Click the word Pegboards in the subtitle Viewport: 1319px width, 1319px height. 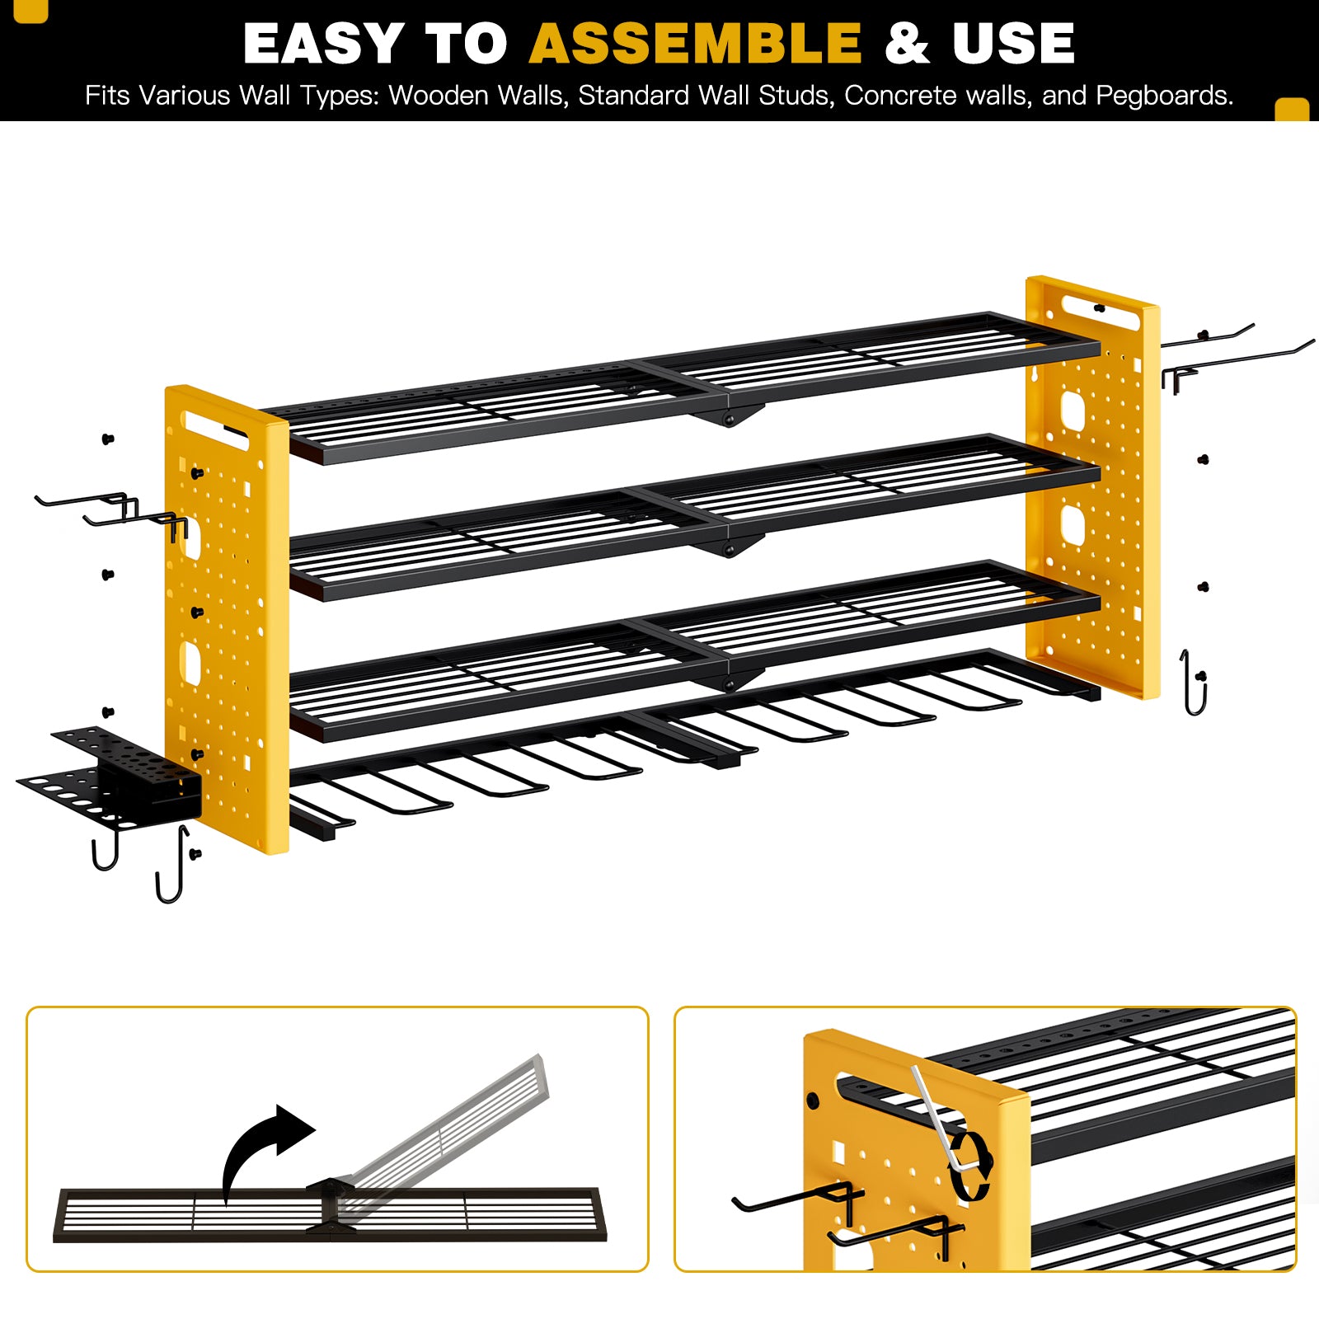pyautogui.click(x=1164, y=96)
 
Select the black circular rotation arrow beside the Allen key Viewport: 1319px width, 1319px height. pyautogui.click(x=970, y=1165)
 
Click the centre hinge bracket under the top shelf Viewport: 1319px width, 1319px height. pyautogui.click(x=728, y=414)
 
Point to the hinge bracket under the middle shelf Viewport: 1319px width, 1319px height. pyautogui.click(x=729, y=545)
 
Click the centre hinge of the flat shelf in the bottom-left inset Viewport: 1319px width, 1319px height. pyautogui.click(x=331, y=1206)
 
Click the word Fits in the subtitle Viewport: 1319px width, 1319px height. pyautogui.click(x=107, y=96)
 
